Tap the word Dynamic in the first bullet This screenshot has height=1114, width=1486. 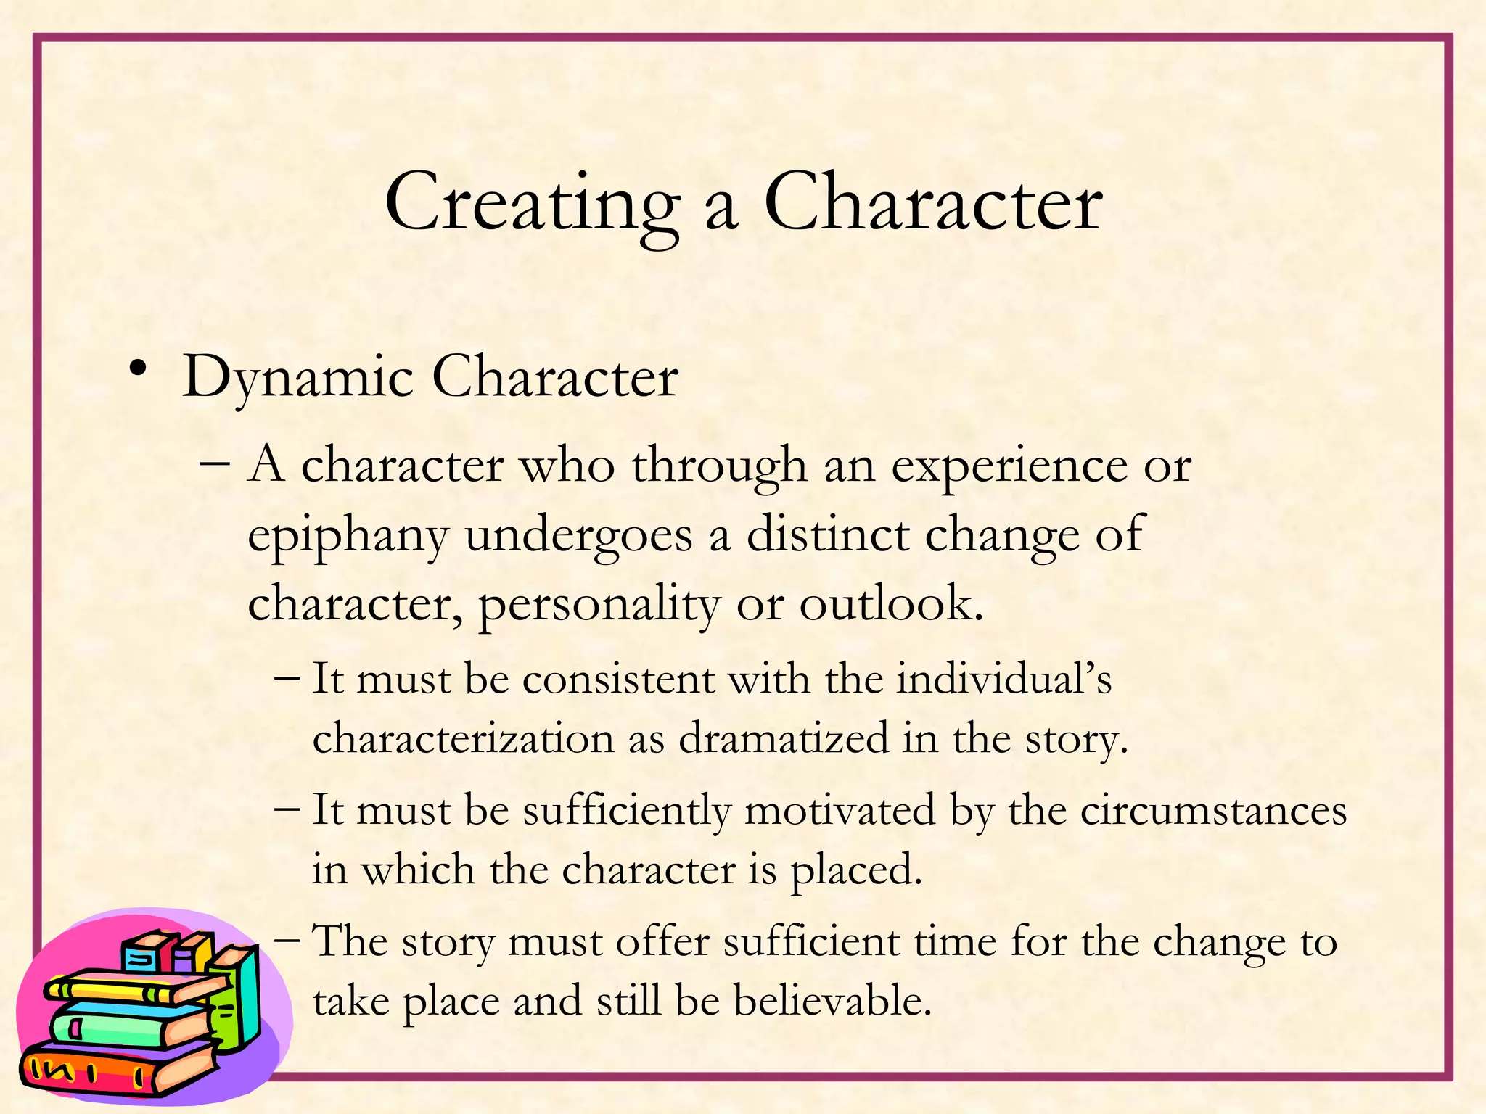click(297, 378)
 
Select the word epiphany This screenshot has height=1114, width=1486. click(348, 537)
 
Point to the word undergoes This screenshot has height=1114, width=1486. click(579, 537)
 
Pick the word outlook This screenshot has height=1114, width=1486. click(891, 603)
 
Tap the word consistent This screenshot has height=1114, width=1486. click(618, 680)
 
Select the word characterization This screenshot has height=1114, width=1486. click(463, 739)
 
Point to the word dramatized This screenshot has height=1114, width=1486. click(784, 739)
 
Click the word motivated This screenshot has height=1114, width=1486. click(840, 811)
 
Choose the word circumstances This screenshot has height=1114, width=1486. click(1213, 811)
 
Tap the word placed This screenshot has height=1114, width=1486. click(855, 870)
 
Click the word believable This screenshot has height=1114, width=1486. click(832, 1002)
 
